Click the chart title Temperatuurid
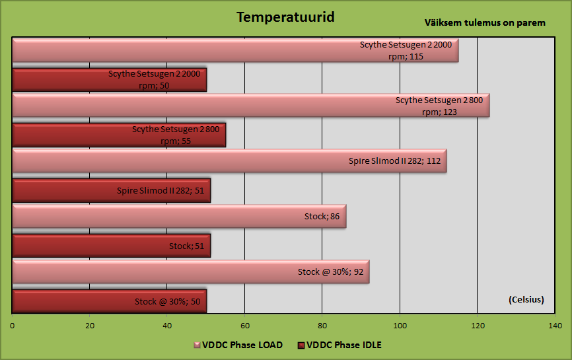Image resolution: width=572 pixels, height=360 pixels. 285,17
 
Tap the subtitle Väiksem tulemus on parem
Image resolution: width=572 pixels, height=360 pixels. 485,22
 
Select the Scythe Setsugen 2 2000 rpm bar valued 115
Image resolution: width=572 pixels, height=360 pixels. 235,50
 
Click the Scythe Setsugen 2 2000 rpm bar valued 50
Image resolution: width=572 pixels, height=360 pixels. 110,79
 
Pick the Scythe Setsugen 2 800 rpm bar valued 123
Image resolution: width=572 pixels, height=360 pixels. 251,106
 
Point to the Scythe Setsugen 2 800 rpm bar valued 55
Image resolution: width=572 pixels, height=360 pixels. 119,135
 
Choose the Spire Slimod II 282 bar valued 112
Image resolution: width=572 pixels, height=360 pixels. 229,161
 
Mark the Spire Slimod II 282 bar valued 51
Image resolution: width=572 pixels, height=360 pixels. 111,190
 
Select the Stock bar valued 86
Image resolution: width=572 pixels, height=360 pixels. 179,216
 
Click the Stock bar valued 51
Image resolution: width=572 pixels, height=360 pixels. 111,246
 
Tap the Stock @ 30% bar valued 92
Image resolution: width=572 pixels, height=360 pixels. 191,271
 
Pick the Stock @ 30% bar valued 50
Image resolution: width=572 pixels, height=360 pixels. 110,301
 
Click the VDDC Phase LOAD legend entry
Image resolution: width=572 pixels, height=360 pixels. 238,345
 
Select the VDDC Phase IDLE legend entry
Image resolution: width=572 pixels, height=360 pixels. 340,345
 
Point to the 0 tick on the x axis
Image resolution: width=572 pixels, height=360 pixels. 13,326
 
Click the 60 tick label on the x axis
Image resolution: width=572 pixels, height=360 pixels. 245,326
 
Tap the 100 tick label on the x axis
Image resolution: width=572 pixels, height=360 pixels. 400,326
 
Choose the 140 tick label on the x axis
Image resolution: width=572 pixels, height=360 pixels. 555,326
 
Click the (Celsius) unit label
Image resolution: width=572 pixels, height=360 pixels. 526,299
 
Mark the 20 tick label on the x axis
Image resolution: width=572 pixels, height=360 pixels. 90,326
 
